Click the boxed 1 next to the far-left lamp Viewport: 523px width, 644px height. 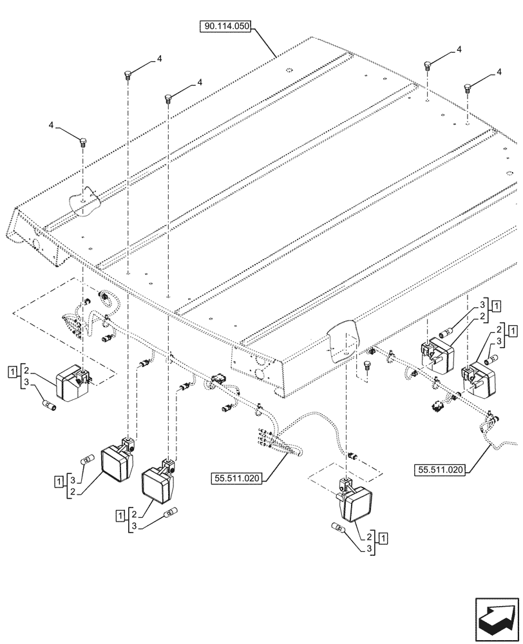coord(12,370)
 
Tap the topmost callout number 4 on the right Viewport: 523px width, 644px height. coord(459,49)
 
